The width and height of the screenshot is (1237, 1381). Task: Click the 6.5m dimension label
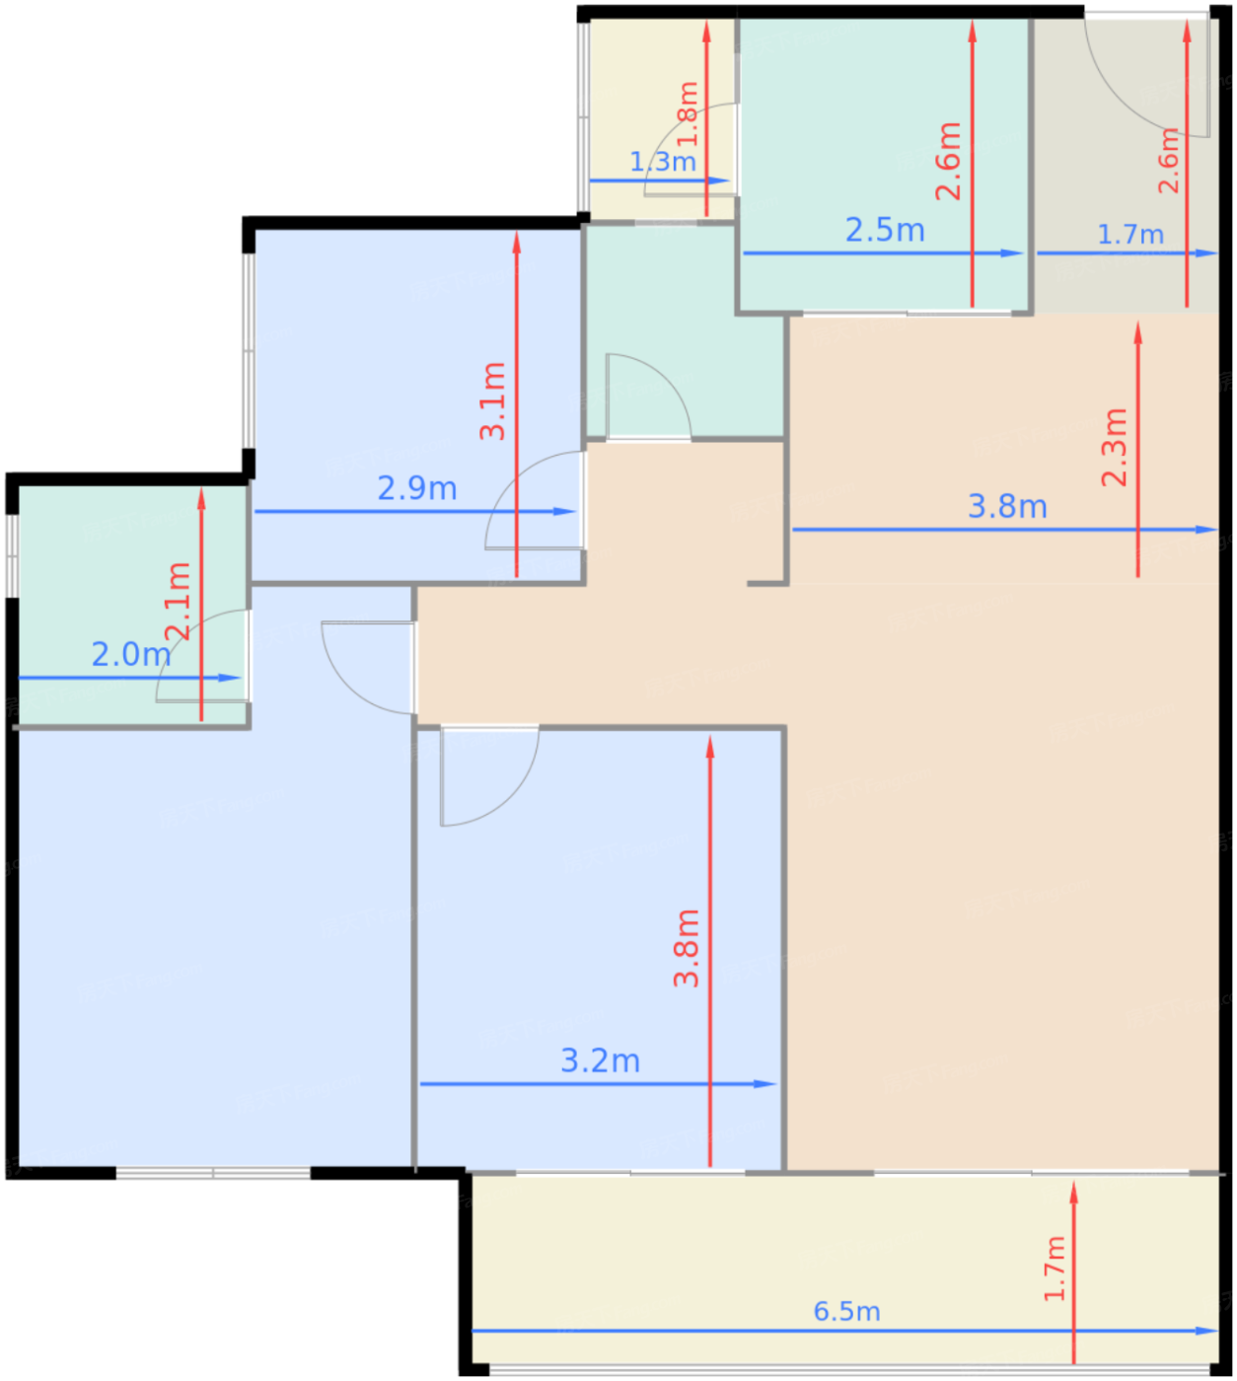[x=846, y=1311]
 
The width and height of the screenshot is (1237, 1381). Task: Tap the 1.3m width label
[x=663, y=162]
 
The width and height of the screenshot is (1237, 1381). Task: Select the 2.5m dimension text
[x=885, y=231]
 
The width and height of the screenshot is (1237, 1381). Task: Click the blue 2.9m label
[x=417, y=488]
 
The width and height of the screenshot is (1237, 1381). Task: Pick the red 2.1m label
[x=179, y=601]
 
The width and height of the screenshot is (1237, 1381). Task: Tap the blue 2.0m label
[x=131, y=655]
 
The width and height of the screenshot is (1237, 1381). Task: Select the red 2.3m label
[x=1115, y=447]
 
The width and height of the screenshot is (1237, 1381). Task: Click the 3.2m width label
[x=601, y=1061]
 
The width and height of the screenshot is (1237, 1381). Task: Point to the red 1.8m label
[x=689, y=113]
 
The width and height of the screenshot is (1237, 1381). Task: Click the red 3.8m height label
[x=687, y=948]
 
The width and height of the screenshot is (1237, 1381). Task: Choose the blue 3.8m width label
[x=1007, y=507]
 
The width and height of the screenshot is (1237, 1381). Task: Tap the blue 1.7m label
[x=1130, y=235]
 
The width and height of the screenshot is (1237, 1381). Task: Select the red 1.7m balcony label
[x=1055, y=1269]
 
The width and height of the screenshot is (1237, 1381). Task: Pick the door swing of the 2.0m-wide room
[x=179, y=639]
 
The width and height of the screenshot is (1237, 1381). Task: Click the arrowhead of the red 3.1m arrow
[x=517, y=243]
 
